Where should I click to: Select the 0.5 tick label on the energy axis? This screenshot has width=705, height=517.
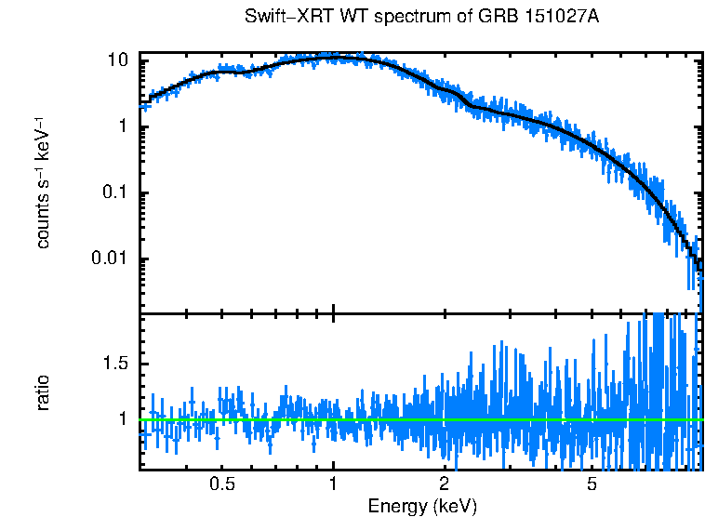(221, 485)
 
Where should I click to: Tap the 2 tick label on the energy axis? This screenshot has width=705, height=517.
(445, 485)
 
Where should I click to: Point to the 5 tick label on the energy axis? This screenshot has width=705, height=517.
(592, 485)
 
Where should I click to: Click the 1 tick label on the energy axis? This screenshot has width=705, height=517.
(333, 485)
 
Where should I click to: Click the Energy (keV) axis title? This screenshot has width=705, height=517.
(422, 506)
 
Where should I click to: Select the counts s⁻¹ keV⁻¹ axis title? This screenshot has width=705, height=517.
(42, 183)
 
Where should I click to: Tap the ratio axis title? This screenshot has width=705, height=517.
(42, 391)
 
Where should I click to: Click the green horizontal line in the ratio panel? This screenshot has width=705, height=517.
(419, 420)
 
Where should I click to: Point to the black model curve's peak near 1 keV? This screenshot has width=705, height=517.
(335, 58)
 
